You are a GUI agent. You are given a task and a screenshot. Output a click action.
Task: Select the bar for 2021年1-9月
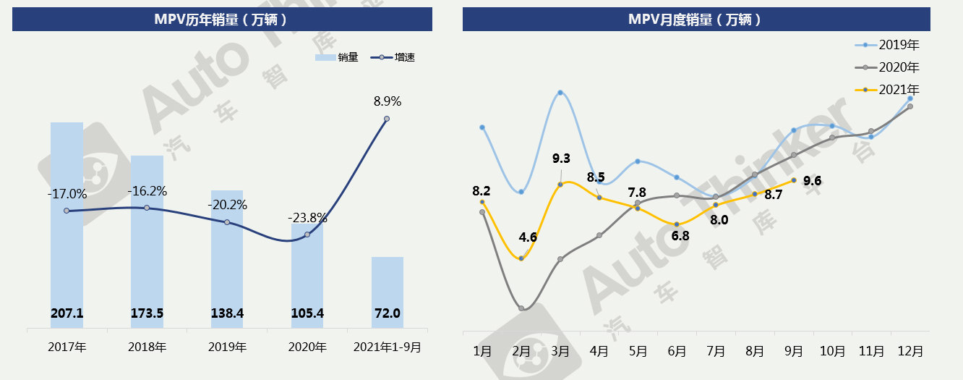[x=388, y=290]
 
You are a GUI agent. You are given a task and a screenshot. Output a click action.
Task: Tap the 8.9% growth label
[x=388, y=101]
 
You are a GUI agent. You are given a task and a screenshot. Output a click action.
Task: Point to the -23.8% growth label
[x=307, y=217]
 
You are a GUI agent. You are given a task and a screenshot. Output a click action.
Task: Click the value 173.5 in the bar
[x=147, y=313]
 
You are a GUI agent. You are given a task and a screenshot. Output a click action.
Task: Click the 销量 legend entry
[x=338, y=57]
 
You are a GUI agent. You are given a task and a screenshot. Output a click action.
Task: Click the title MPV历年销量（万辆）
[x=221, y=20]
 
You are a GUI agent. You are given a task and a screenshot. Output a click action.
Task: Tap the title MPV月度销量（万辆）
[x=695, y=20]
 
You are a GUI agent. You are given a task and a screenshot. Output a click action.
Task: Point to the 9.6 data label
[x=813, y=181]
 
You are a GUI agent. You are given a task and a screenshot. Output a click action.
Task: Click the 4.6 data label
[x=528, y=237]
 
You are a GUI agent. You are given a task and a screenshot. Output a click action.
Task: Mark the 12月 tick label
[x=910, y=351]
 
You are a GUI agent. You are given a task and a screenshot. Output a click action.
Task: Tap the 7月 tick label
[x=716, y=351]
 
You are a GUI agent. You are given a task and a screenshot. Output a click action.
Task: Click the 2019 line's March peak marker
[x=560, y=93]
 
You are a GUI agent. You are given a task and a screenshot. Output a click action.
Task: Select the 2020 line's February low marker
[x=521, y=308]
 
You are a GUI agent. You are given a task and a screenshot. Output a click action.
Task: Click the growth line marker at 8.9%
[x=387, y=119]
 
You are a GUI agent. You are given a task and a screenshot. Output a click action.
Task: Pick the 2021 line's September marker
[x=794, y=180]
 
